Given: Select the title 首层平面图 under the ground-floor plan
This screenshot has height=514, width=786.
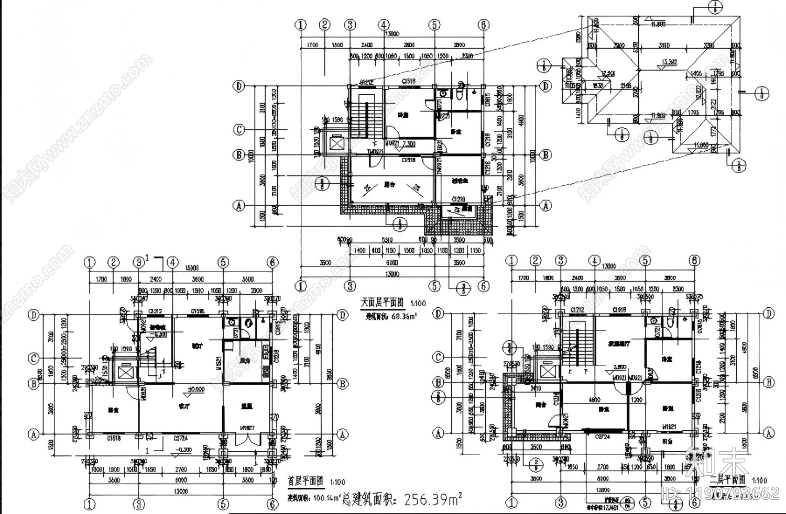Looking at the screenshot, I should (305, 481).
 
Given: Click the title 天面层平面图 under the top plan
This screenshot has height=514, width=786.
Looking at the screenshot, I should (382, 303).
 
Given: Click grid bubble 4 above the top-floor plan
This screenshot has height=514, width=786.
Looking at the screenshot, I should (384, 25).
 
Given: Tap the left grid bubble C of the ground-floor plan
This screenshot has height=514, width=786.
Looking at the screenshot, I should (34, 358).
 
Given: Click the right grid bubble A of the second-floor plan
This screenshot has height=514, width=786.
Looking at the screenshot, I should (768, 433).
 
